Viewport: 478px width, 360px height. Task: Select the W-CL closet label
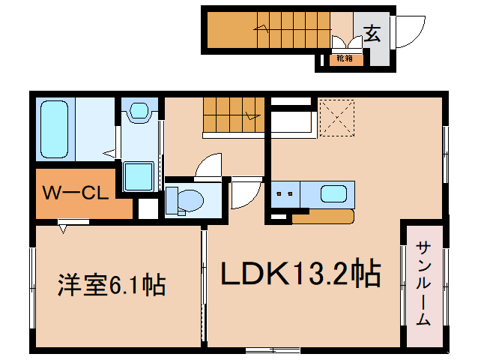[x=76, y=193]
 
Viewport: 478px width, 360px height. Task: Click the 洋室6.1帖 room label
[x=112, y=285]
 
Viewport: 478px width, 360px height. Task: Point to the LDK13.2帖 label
[x=301, y=273]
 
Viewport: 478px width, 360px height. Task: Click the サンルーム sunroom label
[x=423, y=283]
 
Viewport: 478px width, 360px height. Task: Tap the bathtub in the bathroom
[x=54, y=129]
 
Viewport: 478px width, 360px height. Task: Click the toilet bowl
[x=185, y=200]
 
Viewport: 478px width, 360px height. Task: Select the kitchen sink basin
[x=333, y=194]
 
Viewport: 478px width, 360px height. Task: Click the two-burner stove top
[x=285, y=194]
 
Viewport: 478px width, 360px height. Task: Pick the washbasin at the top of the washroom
[x=139, y=110]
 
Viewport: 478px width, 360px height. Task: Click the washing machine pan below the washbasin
[x=139, y=177]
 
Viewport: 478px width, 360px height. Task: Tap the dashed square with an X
[x=336, y=118]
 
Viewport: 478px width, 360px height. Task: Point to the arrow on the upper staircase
[x=261, y=28]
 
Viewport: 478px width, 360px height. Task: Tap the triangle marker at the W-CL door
[x=63, y=229]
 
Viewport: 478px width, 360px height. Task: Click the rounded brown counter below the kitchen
[x=323, y=216]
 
